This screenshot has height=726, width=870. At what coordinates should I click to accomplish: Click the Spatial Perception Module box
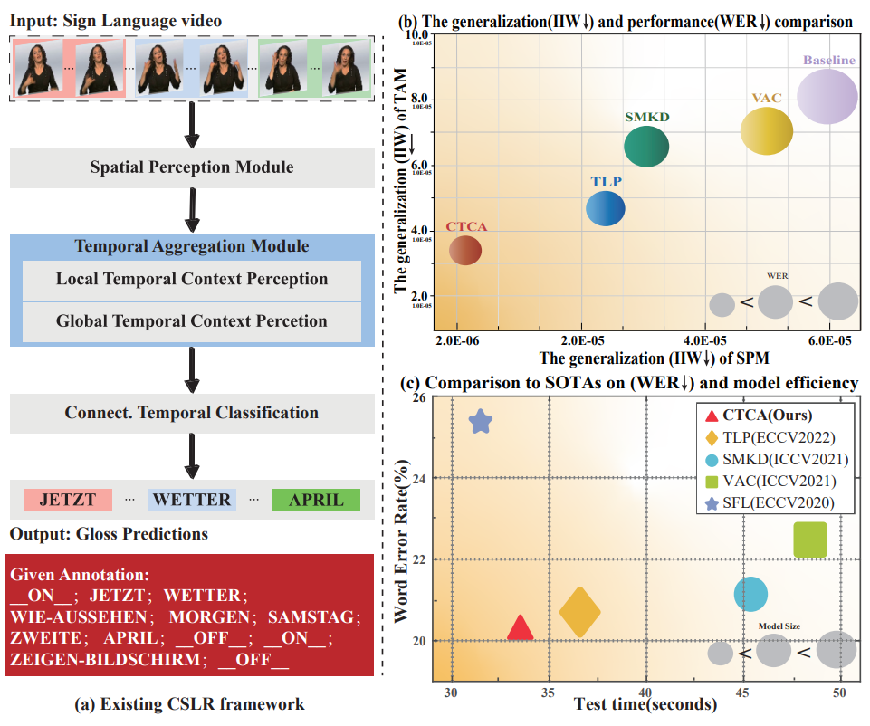pos(191,167)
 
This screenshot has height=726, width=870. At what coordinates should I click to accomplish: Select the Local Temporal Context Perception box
pos(191,280)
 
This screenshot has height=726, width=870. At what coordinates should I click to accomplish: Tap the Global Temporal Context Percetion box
pos(191,321)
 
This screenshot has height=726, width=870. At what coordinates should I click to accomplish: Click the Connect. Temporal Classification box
pos(191,413)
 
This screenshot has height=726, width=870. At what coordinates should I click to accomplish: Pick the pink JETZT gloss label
pos(68,500)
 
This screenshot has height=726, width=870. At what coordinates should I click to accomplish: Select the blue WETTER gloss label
pos(193,500)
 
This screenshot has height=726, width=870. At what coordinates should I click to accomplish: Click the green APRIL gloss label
pos(317,500)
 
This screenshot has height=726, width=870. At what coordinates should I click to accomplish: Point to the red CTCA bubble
pos(464,250)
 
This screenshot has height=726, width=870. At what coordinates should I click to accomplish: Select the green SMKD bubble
pos(646,147)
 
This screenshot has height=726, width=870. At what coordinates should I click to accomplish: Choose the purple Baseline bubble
pos(827,97)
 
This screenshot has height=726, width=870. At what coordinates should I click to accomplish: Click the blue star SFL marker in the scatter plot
pos(481,421)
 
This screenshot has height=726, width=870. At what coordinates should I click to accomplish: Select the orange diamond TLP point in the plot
pos(580,613)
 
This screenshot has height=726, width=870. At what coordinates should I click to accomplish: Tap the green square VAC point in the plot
pos(810,540)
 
